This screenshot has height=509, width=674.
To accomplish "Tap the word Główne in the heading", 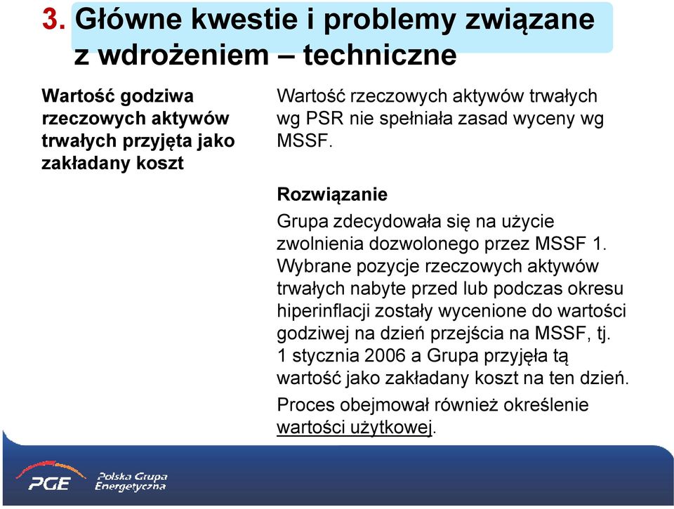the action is pyautogui.click(x=128, y=19).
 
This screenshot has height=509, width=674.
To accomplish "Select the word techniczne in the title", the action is pyautogui.click(x=380, y=55).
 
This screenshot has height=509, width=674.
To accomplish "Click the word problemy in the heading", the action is pyautogui.click(x=389, y=20).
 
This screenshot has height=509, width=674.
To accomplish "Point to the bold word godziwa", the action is pyautogui.click(x=157, y=96).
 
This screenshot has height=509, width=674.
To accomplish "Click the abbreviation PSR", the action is pyautogui.click(x=324, y=118).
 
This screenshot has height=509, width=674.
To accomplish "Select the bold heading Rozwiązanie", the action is pyautogui.click(x=332, y=194).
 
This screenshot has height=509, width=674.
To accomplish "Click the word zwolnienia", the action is pyautogui.click(x=321, y=244).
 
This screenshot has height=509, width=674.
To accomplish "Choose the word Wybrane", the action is pyautogui.click(x=315, y=266).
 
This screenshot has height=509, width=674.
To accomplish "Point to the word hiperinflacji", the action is pyautogui.click(x=323, y=311).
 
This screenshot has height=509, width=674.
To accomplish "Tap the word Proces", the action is pyautogui.click(x=305, y=405).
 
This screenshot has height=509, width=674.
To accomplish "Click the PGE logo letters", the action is pyautogui.click(x=49, y=484).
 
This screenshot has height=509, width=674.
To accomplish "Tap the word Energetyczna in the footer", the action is pyautogui.click(x=131, y=487).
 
